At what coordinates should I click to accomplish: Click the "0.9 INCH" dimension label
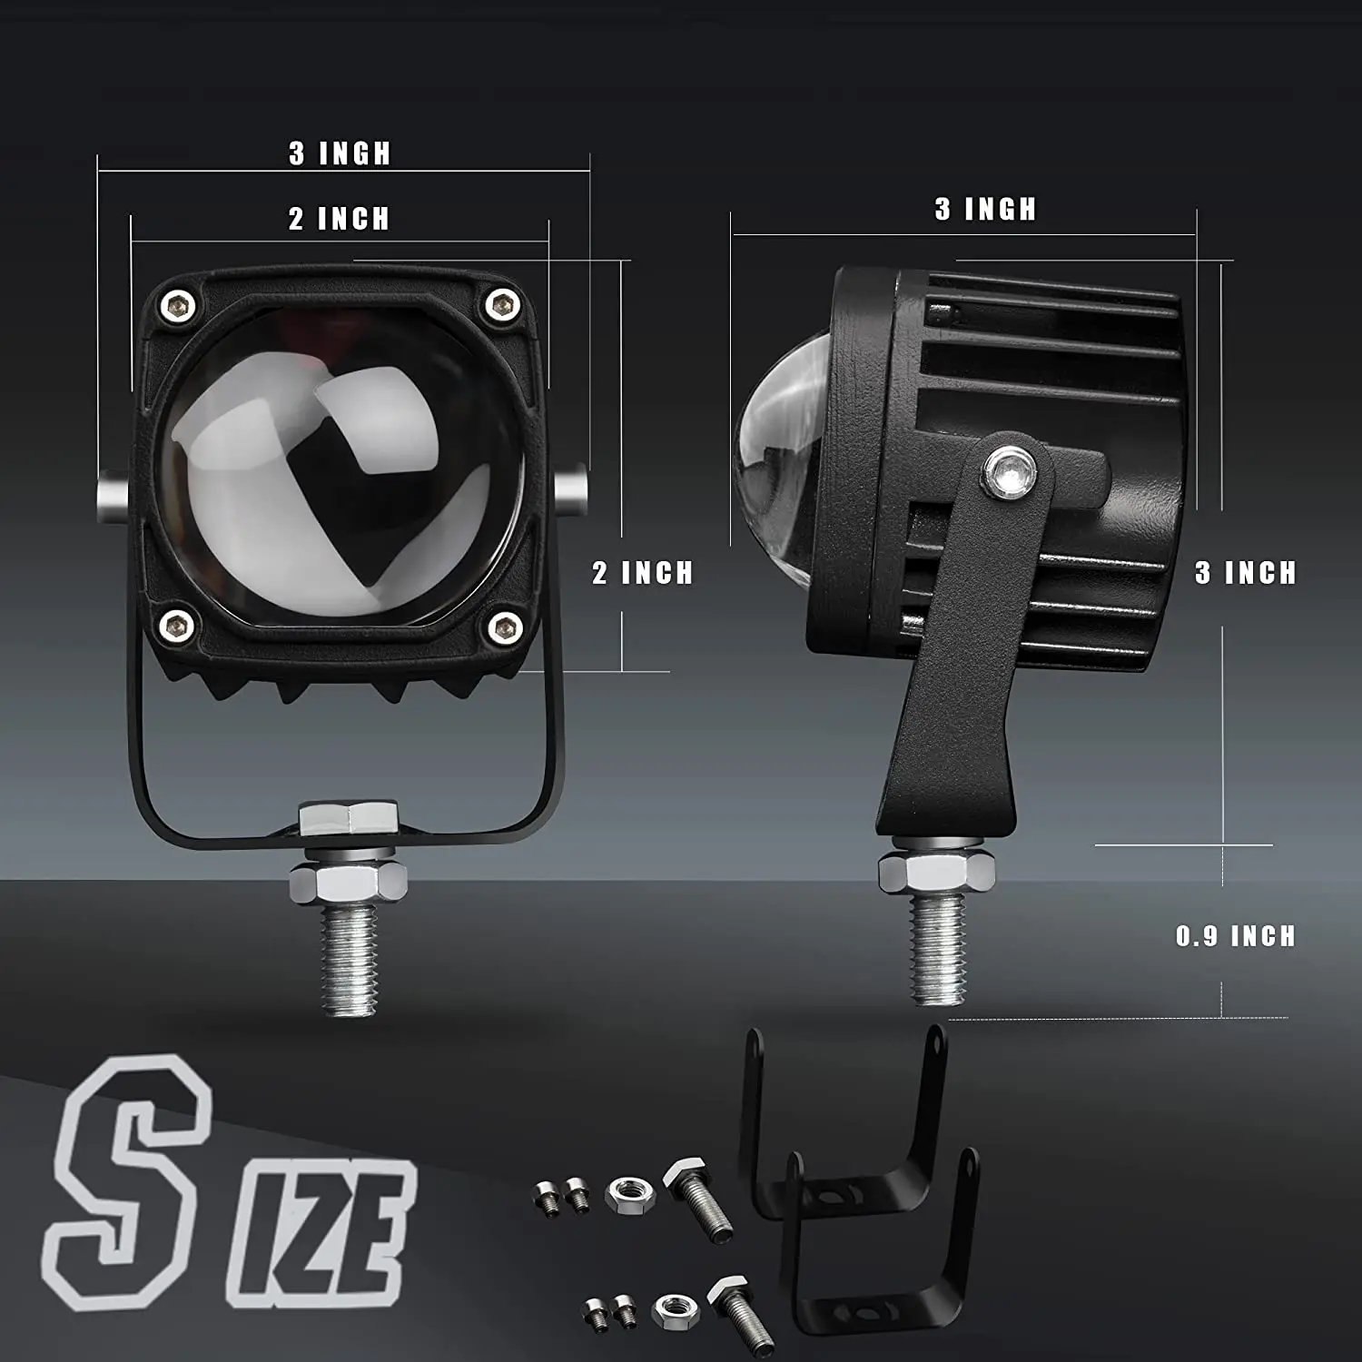point(1235,936)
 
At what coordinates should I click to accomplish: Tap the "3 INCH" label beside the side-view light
point(1246,573)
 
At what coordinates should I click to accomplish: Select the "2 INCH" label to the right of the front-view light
point(643,573)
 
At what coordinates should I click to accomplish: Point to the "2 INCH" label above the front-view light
point(340,219)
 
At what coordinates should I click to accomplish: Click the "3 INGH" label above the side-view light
point(986,210)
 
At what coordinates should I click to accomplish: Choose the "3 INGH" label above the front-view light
point(340,153)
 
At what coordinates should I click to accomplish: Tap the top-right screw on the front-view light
point(500,304)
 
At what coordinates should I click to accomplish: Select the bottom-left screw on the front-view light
point(179,625)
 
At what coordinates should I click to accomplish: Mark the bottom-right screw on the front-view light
point(503,626)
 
